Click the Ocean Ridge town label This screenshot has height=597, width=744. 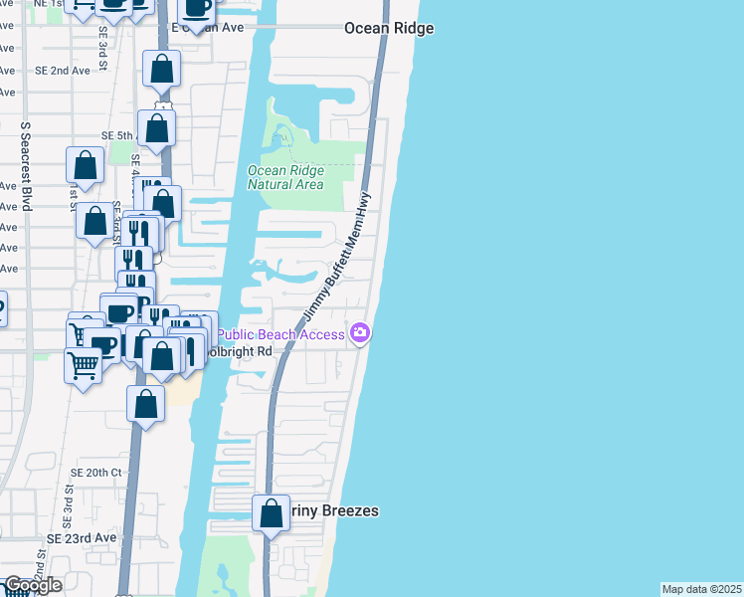pyautogui.click(x=389, y=29)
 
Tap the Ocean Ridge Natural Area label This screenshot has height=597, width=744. pyautogui.click(x=285, y=177)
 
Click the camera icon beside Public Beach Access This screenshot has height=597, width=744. pyautogui.click(x=360, y=333)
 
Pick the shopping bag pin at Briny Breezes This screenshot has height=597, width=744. pyautogui.click(x=271, y=514)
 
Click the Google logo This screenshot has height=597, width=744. pyautogui.click(x=33, y=585)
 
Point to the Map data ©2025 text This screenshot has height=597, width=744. pyautogui.click(x=701, y=589)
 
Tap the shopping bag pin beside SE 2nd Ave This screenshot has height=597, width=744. pyautogui.click(x=161, y=70)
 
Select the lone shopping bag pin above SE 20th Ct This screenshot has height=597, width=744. pyautogui.click(x=146, y=405)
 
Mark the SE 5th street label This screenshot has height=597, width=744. pyautogui.click(x=117, y=135)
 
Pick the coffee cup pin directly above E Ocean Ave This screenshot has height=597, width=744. pyautogui.click(x=197, y=8)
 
